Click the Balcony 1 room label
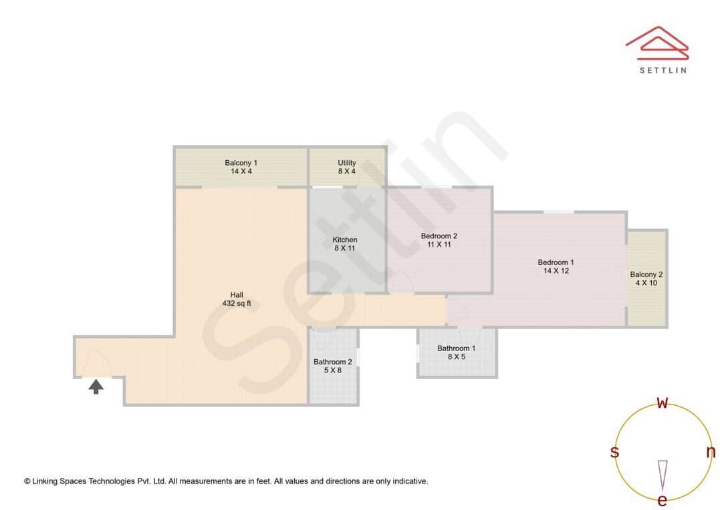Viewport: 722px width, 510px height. [241, 163]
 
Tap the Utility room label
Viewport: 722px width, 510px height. [347, 163]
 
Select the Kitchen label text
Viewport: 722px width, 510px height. [345, 240]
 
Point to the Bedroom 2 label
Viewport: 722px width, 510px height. [439, 236]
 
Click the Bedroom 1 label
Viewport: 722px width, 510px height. [556, 262]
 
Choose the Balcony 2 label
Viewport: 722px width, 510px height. [646, 274]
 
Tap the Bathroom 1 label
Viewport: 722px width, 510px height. [457, 348]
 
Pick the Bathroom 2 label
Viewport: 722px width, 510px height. [332, 362]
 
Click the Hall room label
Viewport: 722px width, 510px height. [237, 294]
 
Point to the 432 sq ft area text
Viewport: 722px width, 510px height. [237, 304]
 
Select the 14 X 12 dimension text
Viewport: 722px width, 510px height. [556, 271]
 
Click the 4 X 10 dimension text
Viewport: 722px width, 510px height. [646, 283]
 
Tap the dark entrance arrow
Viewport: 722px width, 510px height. [96, 386]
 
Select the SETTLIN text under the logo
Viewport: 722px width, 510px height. [663, 70]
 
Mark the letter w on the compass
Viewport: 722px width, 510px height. [663, 403]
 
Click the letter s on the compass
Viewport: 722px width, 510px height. [614, 453]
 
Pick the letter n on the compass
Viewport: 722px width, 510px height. [711, 452]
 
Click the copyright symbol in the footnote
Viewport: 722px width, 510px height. [27, 481]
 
